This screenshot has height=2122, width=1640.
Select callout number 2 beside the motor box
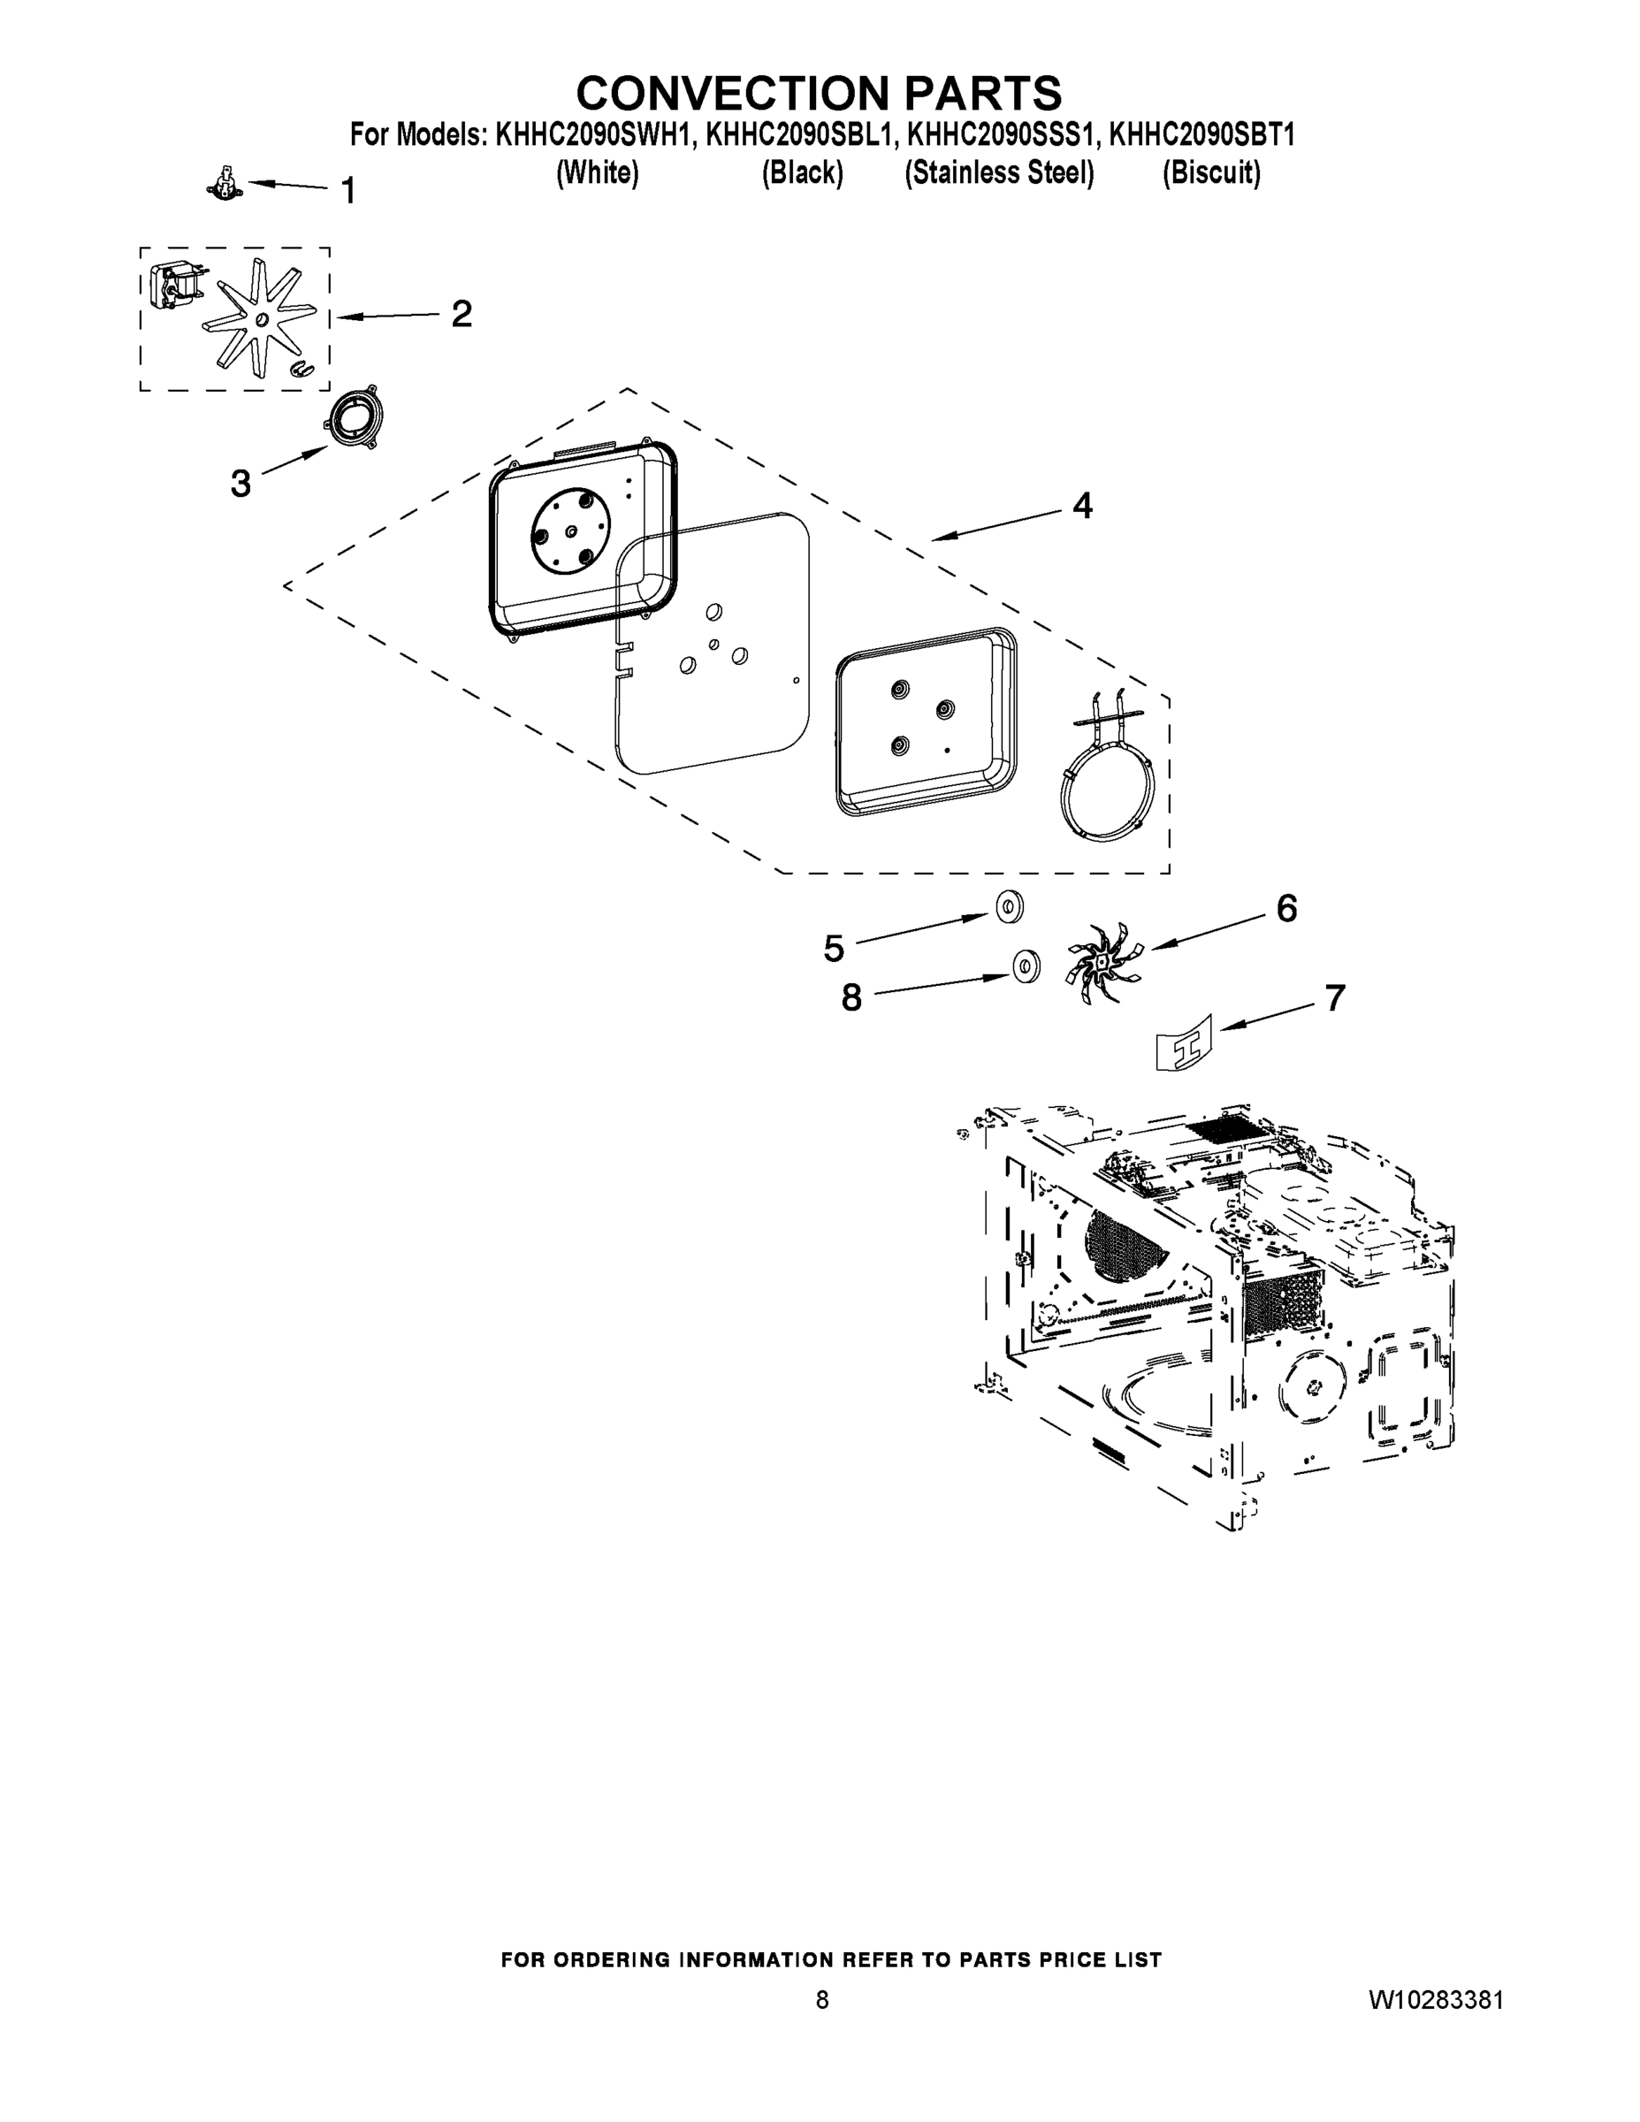461,314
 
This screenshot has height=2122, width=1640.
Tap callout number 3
240,483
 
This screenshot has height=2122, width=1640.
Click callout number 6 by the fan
1286,908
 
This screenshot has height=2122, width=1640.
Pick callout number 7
1335,998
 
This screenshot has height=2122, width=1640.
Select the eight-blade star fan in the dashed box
258,317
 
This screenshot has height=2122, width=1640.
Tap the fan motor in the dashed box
175,282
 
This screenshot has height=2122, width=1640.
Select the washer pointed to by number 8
1026,966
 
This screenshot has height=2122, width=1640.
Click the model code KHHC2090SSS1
1000,135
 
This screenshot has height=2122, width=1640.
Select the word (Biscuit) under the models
1211,173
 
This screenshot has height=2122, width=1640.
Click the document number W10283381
1436,2001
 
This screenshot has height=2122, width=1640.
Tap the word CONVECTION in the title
734,93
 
